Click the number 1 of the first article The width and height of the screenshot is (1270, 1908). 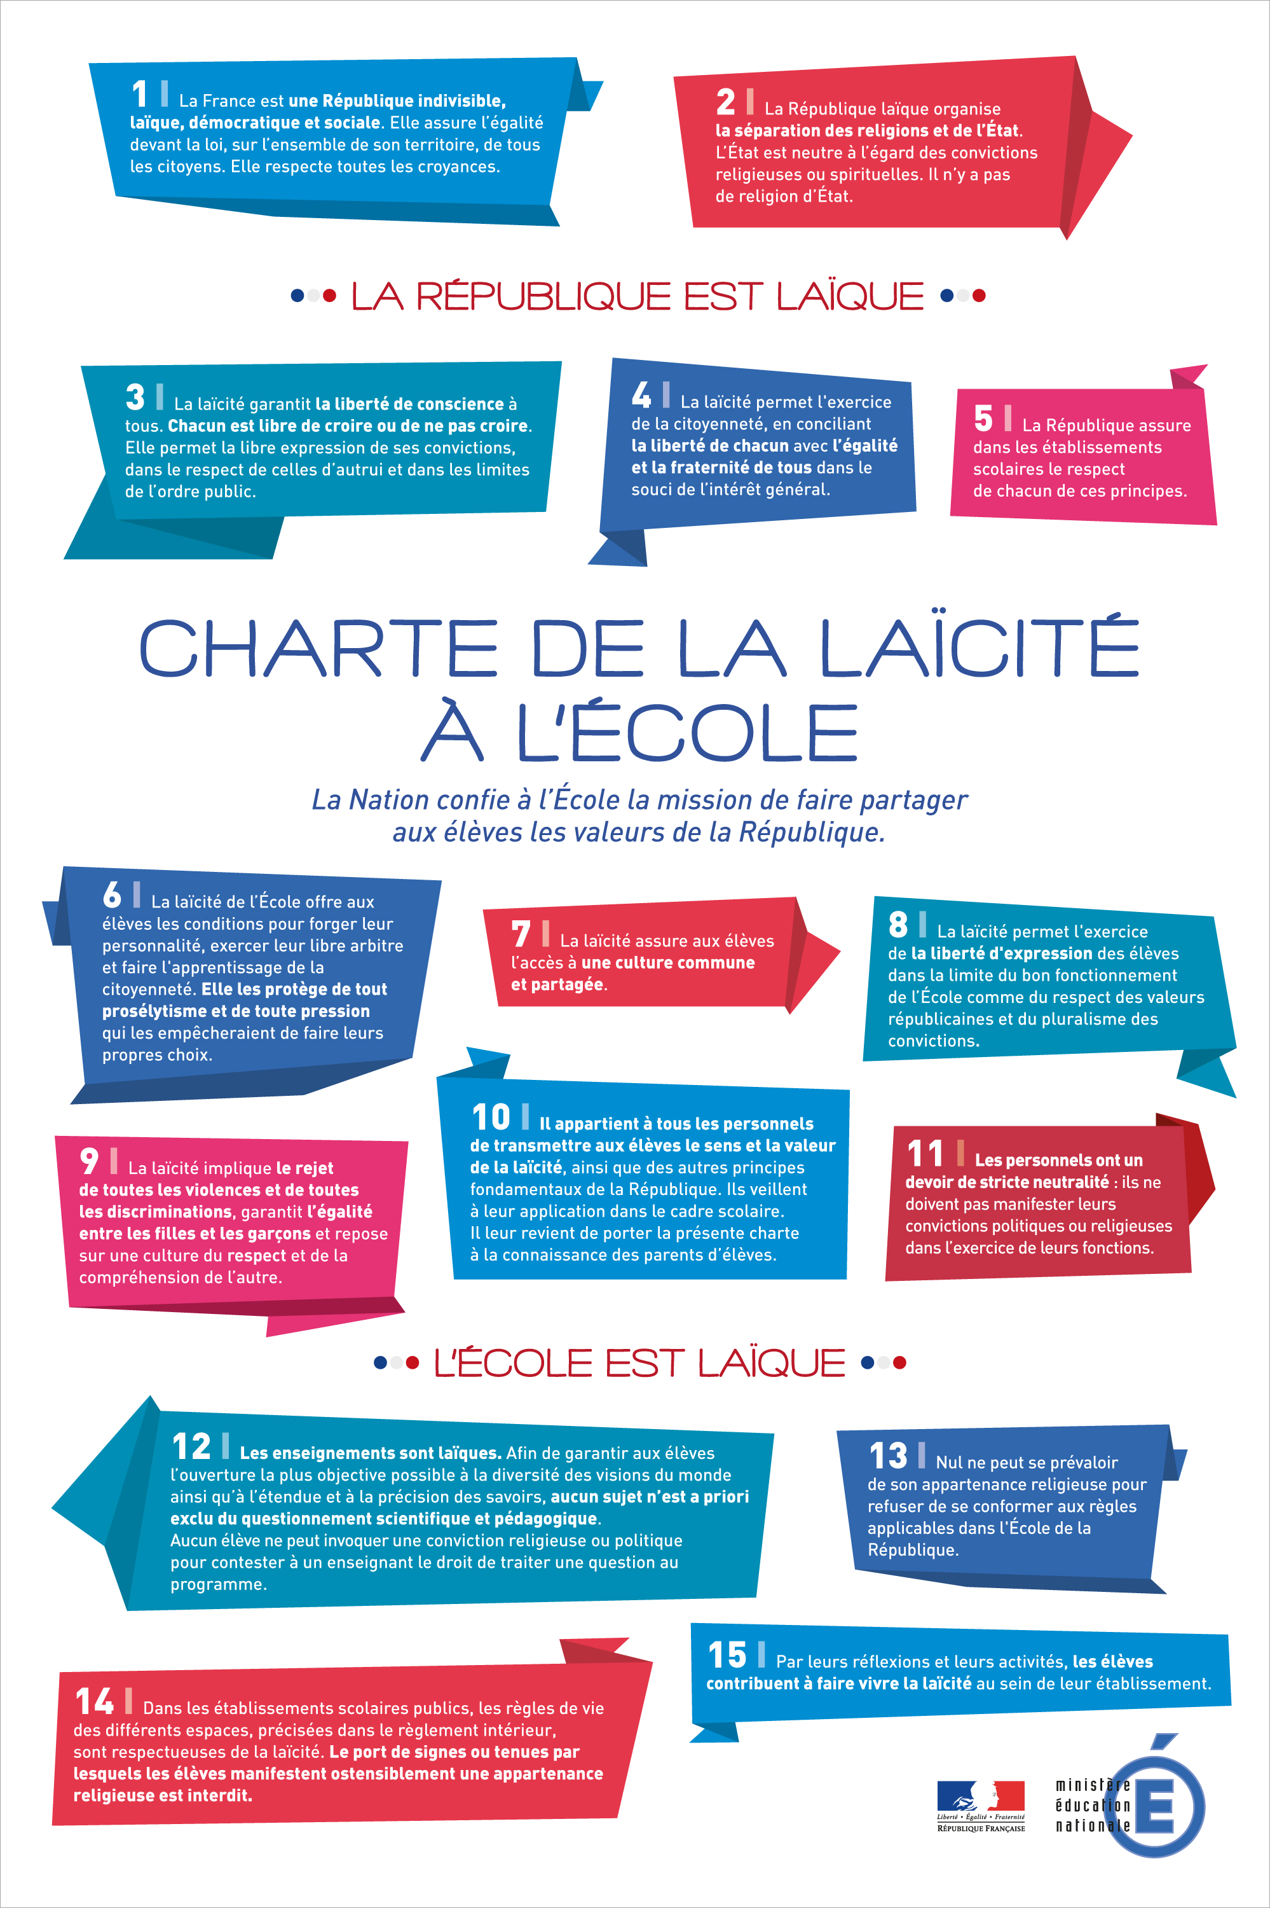(x=139, y=94)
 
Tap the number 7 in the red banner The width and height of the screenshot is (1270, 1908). (x=521, y=934)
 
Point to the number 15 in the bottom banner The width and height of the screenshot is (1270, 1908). (x=727, y=1656)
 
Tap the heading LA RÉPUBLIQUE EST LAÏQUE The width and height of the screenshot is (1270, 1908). (x=637, y=296)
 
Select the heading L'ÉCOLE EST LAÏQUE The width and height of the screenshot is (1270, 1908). (x=639, y=1363)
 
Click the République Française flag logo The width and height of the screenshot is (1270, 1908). (x=980, y=1801)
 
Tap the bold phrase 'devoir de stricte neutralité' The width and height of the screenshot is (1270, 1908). (x=1006, y=1182)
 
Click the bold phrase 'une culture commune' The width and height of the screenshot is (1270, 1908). (x=667, y=962)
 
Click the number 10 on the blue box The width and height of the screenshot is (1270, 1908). (x=491, y=1117)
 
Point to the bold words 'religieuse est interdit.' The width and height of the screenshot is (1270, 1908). (x=162, y=1795)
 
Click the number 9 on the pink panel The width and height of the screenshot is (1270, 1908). (x=89, y=1161)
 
